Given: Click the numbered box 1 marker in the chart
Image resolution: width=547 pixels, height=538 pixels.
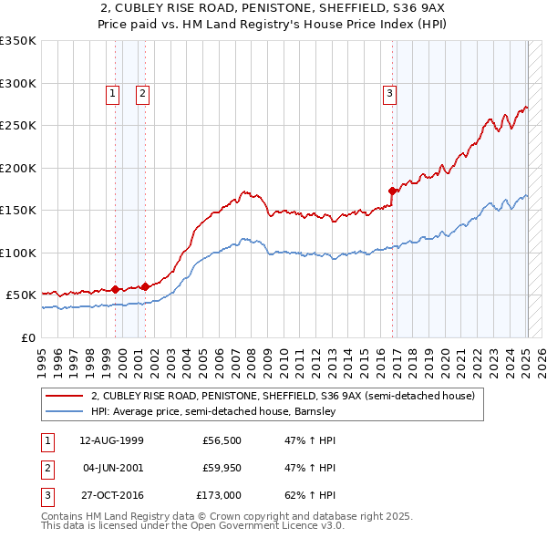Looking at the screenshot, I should (x=112, y=92).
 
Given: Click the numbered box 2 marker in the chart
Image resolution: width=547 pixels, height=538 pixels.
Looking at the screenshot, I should (x=143, y=92).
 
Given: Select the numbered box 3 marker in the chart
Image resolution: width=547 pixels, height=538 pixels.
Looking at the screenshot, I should (x=389, y=92).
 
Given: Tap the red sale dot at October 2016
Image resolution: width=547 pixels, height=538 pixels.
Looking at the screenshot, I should (x=393, y=191).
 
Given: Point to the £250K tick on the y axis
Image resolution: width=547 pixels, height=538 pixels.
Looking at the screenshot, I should (x=18, y=126).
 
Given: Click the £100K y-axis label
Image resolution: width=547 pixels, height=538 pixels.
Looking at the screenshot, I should (x=18, y=253).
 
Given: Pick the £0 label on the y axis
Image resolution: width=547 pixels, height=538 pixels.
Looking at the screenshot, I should (x=27, y=337).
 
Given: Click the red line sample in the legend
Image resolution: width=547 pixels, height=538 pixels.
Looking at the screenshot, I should (x=64, y=397).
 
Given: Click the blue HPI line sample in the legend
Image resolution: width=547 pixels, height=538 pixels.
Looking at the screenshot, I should (x=64, y=412).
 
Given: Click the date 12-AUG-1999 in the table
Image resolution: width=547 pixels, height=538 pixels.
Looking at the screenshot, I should (x=111, y=440).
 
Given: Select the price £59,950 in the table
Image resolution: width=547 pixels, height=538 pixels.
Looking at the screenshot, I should (x=222, y=468).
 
